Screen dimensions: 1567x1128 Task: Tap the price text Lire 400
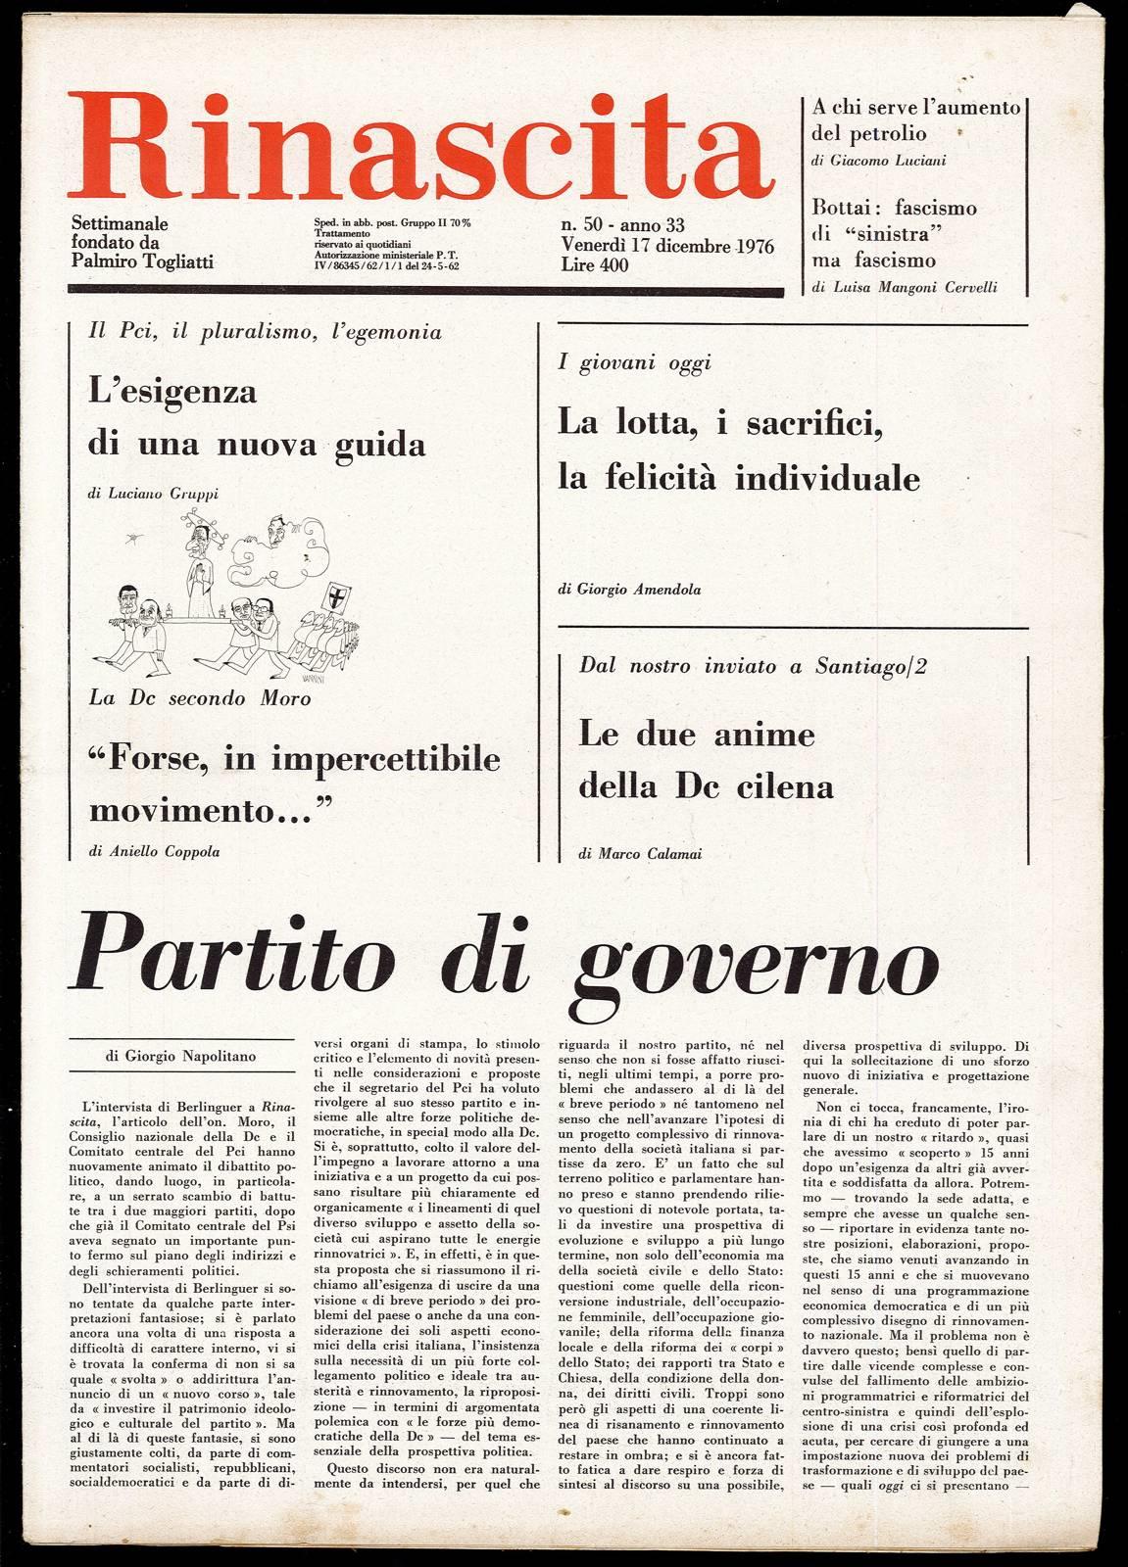click(x=595, y=264)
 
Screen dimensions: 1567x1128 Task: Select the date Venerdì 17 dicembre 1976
click(x=667, y=246)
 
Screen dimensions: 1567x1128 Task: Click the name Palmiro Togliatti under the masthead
click(x=142, y=261)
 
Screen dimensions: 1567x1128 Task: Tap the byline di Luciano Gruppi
click(x=153, y=494)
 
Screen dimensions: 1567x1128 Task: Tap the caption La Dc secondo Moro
click(x=199, y=698)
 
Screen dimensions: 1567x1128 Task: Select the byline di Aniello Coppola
click(x=154, y=851)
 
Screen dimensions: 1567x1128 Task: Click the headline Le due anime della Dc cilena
click(x=706, y=760)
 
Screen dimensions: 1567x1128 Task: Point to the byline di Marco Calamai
click(x=640, y=854)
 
